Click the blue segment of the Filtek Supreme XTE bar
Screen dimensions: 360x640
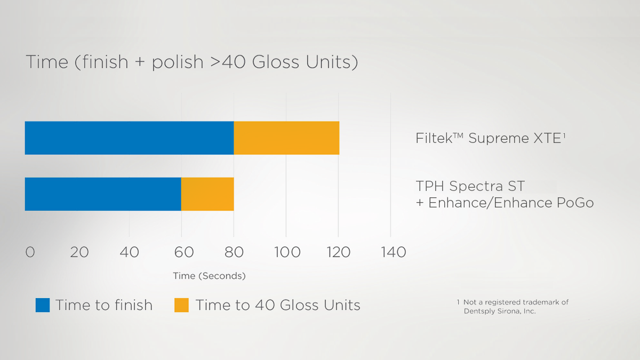point(129,138)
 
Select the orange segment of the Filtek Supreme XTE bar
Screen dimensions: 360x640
point(286,138)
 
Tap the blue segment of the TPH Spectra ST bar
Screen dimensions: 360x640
point(103,194)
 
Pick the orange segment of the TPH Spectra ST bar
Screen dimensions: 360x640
point(207,194)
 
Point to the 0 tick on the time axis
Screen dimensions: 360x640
point(30,252)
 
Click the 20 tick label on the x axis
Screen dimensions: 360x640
point(79,252)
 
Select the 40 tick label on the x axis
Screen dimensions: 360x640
point(129,252)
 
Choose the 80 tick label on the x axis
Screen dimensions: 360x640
point(234,252)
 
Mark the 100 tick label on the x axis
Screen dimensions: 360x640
point(287,252)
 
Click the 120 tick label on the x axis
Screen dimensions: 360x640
point(338,252)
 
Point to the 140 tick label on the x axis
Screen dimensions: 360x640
point(394,252)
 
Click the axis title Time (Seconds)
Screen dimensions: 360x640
point(209,276)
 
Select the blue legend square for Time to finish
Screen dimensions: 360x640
point(43,305)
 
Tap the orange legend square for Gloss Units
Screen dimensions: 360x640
point(181,305)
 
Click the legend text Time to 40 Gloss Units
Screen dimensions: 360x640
point(278,305)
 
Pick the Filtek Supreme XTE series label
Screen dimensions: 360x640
point(490,138)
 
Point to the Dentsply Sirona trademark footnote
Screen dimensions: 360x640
point(512,306)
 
